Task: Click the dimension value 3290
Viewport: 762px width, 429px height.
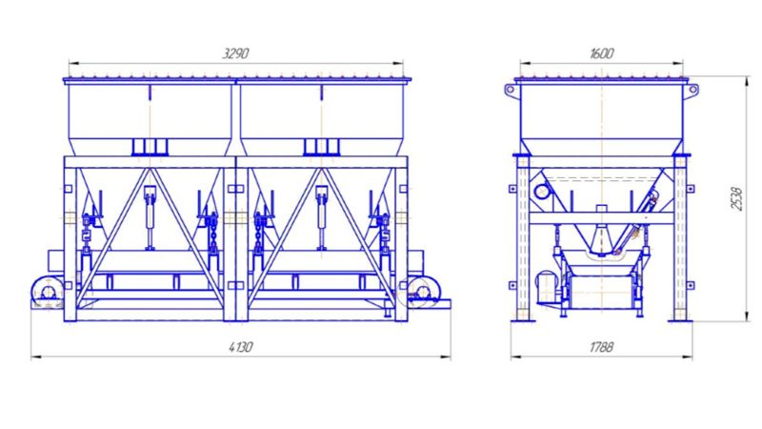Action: click(235, 53)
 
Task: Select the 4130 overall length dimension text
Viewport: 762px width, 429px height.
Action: click(241, 347)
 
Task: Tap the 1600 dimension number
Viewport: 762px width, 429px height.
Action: click(602, 53)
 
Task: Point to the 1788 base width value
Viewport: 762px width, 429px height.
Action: click(602, 347)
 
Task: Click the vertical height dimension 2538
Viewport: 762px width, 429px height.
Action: click(736, 198)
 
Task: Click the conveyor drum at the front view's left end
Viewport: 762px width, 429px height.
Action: click(48, 293)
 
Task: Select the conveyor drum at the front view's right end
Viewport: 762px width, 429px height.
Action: click(423, 292)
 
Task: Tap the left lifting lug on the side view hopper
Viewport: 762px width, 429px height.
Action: click(511, 90)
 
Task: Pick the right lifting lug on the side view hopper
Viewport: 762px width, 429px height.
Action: click(692, 90)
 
